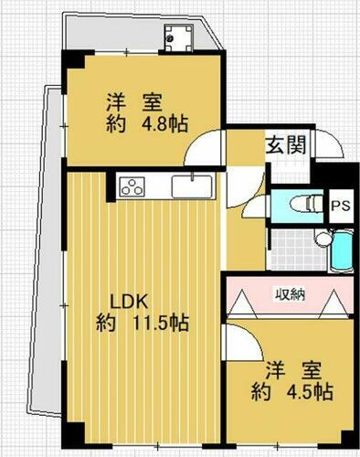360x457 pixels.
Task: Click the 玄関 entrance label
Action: click(x=286, y=145)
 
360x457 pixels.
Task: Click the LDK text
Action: click(x=129, y=302)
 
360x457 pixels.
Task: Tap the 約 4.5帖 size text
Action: click(x=291, y=394)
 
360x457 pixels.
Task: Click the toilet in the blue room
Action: click(x=298, y=205)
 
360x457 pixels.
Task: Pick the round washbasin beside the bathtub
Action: click(x=323, y=239)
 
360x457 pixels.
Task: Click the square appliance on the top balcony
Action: click(x=175, y=37)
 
